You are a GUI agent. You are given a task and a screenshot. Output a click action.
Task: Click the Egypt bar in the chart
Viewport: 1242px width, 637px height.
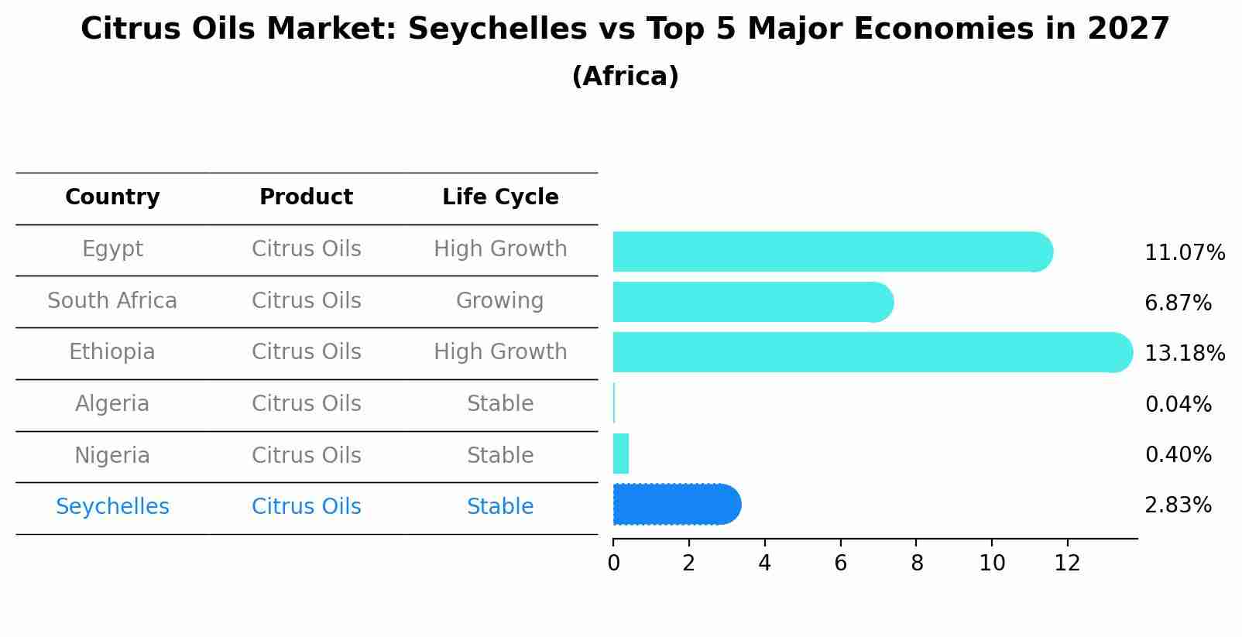(x=832, y=252)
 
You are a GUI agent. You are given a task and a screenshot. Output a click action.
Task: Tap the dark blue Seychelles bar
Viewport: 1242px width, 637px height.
(x=677, y=505)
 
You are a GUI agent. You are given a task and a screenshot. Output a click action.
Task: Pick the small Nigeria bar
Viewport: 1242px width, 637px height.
(x=621, y=454)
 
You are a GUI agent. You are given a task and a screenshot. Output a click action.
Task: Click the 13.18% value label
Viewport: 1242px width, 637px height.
(x=1185, y=354)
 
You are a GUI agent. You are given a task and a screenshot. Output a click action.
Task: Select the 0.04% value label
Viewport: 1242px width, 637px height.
(x=1178, y=404)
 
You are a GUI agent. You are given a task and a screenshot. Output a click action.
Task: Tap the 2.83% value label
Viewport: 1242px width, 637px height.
(x=1178, y=505)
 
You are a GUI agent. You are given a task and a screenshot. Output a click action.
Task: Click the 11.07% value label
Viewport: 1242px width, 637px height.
(x=1185, y=253)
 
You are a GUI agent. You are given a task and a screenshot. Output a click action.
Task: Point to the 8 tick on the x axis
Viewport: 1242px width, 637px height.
(x=917, y=563)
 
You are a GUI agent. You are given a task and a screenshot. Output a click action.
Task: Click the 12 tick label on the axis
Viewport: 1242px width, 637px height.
(x=1067, y=563)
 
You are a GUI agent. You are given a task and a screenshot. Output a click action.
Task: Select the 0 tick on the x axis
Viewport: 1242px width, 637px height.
(x=613, y=563)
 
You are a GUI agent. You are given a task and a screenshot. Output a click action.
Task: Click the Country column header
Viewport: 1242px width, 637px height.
(x=112, y=197)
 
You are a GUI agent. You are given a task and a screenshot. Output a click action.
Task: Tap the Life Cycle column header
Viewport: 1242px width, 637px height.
(x=500, y=197)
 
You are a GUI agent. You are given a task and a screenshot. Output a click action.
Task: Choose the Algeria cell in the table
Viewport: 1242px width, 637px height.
(x=112, y=404)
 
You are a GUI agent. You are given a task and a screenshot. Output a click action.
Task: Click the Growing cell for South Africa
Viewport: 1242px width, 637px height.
(x=500, y=300)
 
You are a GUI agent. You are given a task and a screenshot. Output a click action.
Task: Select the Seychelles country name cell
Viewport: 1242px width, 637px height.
(x=112, y=507)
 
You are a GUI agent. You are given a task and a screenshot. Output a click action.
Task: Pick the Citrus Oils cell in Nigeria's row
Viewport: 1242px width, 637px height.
(x=307, y=455)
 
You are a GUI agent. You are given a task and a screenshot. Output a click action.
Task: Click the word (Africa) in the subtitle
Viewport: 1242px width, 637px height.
(x=625, y=77)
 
